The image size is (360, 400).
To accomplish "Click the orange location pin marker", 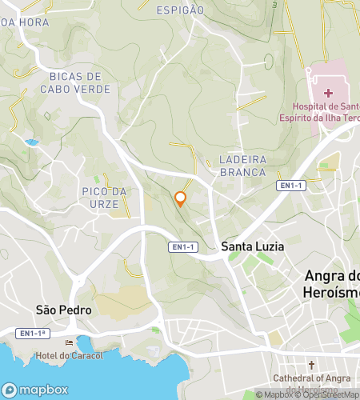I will (x=181, y=198).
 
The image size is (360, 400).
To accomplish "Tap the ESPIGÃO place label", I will (x=180, y=10).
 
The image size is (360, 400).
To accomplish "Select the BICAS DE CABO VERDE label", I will (x=80, y=83).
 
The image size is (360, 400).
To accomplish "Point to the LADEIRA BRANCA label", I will (x=242, y=166).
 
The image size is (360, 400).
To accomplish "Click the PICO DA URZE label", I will (x=105, y=198).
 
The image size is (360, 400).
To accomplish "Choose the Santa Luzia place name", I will (x=253, y=246).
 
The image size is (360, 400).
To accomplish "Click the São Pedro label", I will (x=64, y=310).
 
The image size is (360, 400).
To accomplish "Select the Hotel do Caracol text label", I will (x=70, y=355).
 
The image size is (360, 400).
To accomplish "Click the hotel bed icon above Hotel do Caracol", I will (x=69, y=343).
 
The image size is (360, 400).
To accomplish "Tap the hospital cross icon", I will (x=329, y=93).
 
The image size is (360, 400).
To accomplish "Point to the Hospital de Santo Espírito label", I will (x=327, y=113).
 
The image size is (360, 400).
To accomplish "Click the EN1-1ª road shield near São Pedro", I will (x=34, y=333).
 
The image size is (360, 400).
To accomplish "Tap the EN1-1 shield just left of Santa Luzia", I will (x=182, y=247).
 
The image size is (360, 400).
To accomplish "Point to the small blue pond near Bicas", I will (x=32, y=142).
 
